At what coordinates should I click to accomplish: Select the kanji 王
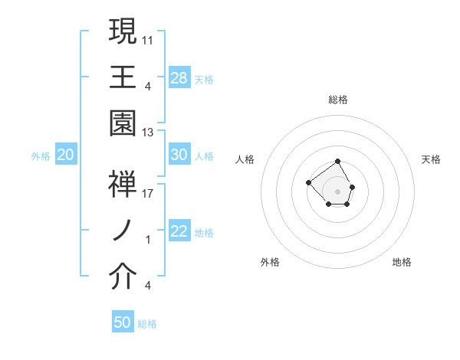point(123,77)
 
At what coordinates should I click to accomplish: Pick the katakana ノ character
point(123,230)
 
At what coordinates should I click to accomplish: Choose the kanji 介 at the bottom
point(123,277)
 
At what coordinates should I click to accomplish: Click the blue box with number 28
point(179,77)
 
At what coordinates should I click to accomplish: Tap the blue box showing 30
point(179,155)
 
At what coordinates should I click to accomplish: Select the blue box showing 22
point(179,232)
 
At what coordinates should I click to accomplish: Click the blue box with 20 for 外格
point(65,155)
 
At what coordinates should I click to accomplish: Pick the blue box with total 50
point(123,322)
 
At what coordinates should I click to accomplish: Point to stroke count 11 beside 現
point(148,38)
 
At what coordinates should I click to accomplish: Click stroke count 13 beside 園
point(148,133)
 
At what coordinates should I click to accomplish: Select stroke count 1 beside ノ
point(148,239)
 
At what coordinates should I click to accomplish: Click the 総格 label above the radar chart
point(338,100)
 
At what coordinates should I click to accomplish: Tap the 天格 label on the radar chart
point(431,159)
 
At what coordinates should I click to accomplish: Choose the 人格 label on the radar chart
point(245,159)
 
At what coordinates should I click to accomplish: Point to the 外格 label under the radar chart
point(270,262)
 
